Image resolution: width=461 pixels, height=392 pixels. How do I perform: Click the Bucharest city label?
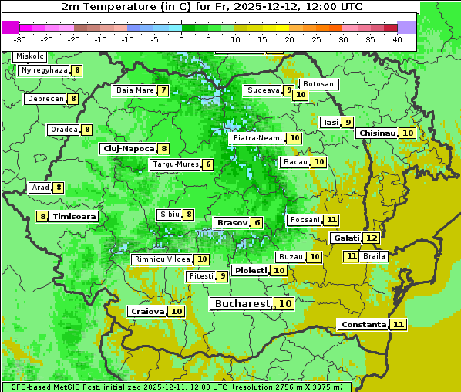(242, 304)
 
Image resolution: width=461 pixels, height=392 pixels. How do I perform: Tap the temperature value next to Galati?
(371, 238)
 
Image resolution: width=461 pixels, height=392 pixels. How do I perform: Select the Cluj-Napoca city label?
(128, 148)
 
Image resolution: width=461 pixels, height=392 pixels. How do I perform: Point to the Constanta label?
(363, 325)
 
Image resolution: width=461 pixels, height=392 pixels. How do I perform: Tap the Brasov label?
(232, 223)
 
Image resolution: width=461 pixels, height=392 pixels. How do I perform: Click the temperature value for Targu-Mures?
(207, 165)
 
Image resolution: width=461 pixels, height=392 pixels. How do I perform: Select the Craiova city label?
(147, 312)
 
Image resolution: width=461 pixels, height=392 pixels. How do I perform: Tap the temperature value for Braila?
(352, 256)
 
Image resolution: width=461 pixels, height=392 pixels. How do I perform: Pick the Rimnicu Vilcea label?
(161, 259)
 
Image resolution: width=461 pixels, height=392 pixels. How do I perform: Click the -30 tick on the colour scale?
(20, 39)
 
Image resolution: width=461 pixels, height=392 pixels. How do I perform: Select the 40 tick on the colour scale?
(397, 39)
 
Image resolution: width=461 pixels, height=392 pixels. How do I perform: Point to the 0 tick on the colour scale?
(182, 39)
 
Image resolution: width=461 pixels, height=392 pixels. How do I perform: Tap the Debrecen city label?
(45, 99)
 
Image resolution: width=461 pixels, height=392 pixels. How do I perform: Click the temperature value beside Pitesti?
(222, 276)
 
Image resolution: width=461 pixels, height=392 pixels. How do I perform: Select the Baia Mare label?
(135, 90)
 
